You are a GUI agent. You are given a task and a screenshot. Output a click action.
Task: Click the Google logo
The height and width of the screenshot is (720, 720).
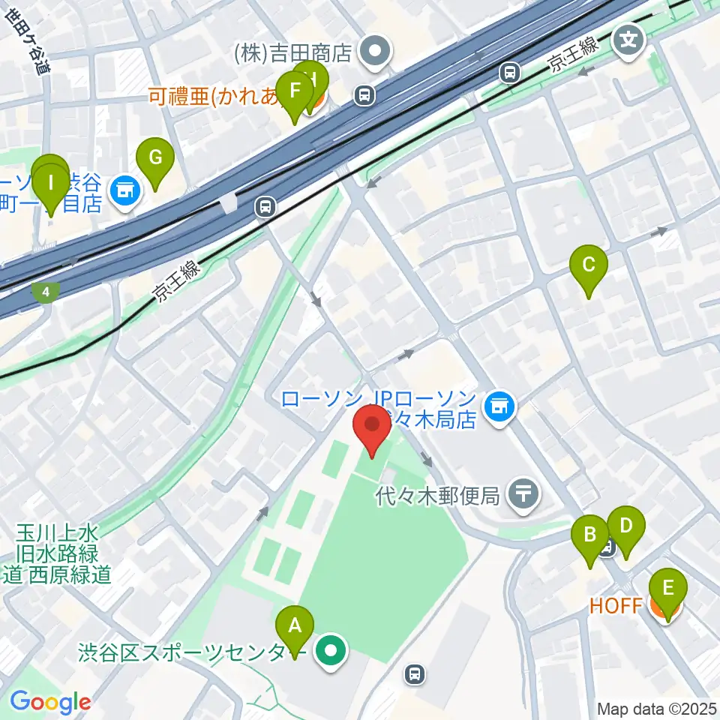point(50,703)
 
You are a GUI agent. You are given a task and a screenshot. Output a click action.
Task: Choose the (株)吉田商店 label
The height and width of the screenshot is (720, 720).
point(292,52)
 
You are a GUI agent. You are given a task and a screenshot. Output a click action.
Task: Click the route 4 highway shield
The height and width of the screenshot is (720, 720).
point(47,292)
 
